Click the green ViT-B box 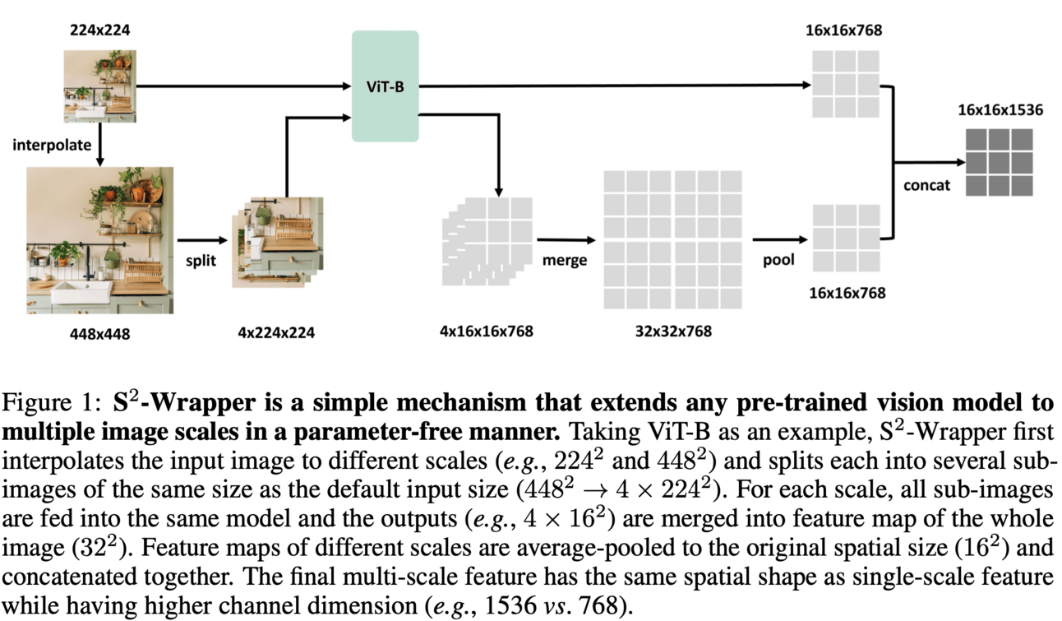[385, 86]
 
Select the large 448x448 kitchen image [100, 240]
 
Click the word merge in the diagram [565, 260]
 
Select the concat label [926, 185]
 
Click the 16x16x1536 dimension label [1000, 109]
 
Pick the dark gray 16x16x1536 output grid [999, 162]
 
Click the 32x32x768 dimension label [672, 331]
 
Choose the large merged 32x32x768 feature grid [672, 239]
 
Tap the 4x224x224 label [275, 332]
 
